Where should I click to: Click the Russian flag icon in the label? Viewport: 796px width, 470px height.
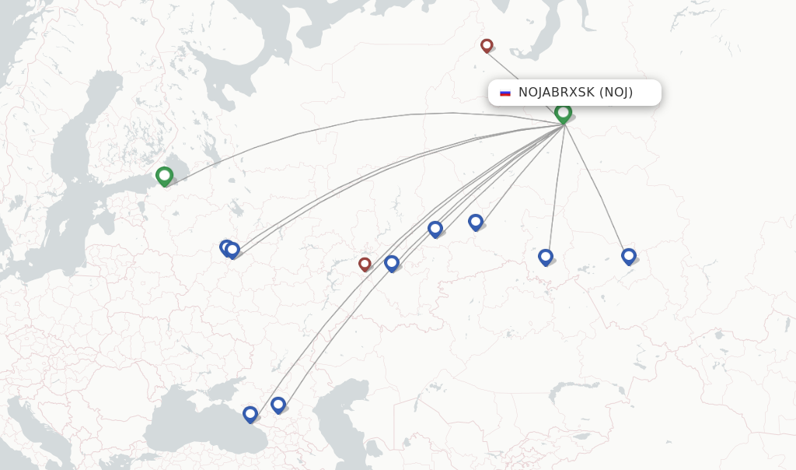[x=505, y=93]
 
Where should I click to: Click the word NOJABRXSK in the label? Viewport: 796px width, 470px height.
[x=556, y=93]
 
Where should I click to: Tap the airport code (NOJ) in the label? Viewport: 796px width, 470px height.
[x=616, y=93]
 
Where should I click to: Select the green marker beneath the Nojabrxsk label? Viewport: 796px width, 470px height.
[x=564, y=113]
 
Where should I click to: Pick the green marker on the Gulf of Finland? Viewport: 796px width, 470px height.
[x=164, y=176]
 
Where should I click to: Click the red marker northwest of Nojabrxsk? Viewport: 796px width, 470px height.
[x=487, y=45]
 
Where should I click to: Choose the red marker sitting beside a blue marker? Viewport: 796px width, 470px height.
[x=365, y=264]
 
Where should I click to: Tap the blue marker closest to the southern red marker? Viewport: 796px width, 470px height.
[x=392, y=263]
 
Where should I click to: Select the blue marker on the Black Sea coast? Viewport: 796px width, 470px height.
[x=250, y=414]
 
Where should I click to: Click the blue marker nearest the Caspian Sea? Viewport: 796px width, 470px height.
[x=278, y=405]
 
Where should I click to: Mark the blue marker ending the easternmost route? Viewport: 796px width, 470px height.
[x=629, y=255]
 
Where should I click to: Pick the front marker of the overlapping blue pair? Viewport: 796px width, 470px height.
[x=232, y=249]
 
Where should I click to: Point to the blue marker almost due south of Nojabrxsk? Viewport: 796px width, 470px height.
[x=546, y=256]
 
